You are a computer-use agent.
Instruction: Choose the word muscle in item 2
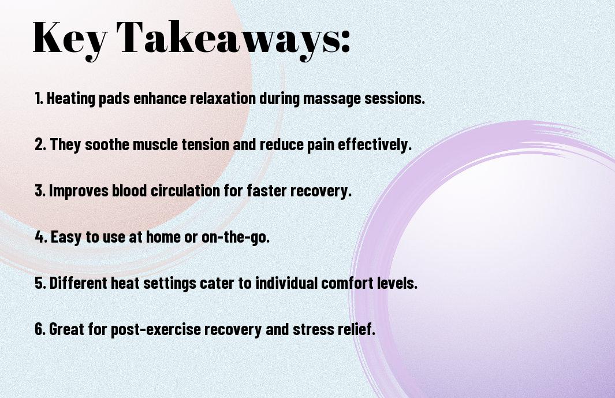[x=155, y=144]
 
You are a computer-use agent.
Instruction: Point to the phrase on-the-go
[x=236, y=237]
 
